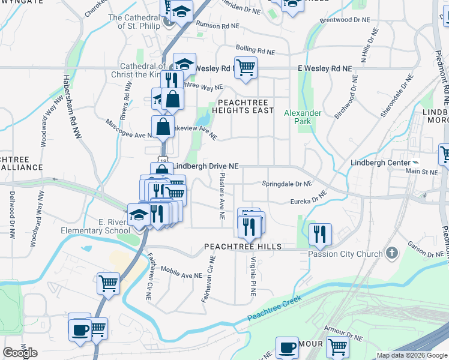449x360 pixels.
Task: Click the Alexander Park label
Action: coord(303,117)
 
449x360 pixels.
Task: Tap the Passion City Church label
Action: coord(345,254)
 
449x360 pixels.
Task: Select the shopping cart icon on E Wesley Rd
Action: coord(246,67)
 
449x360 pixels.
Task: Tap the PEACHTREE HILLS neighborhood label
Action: coord(243,247)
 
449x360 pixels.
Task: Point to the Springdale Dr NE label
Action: coord(287,184)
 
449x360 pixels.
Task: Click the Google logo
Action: coord(20,353)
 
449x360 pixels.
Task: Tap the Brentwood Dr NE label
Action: coord(348,20)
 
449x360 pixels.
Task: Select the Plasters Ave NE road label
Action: coord(222,196)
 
